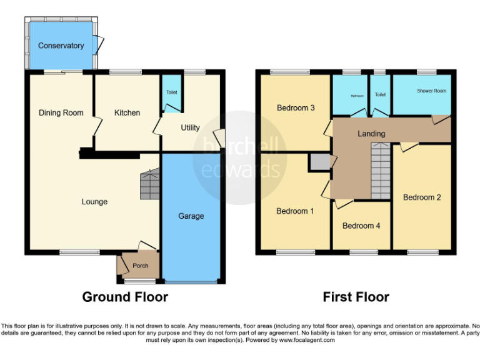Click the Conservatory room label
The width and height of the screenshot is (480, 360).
pyautogui.click(x=61, y=46)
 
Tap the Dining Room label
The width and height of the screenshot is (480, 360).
pyautogui.click(x=61, y=113)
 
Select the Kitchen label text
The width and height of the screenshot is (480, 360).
pyautogui.click(x=127, y=113)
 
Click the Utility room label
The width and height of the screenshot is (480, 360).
pyautogui.click(x=190, y=127)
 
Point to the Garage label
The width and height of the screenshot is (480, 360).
pyautogui.click(x=191, y=216)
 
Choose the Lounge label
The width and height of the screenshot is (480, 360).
pyautogui.click(x=94, y=202)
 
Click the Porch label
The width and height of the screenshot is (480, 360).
pyautogui.click(x=141, y=266)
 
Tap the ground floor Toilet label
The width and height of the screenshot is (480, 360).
pyautogui.click(x=171, y=92)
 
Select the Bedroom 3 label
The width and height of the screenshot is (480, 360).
pyautogui.click(x=295, y=108)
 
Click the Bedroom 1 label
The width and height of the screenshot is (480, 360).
pyautogui.click(x=295, y=211)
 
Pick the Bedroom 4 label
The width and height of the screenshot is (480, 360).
pyautogui.click(x=361, y=226)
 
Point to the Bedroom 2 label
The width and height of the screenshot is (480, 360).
pyautogui.click(x=422, y=197)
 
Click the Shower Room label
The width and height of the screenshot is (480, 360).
pyautogui.click(x=432, y=91)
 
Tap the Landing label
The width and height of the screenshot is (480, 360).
pyautogui.click(x=371, y=134)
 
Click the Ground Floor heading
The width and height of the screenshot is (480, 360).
pyautogui.click(x=125, y=297)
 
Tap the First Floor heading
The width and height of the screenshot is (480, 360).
pyautogui.click(x=356, y=297)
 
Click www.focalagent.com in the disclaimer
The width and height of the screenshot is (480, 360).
pyautogui.click(x=307, y=341)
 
